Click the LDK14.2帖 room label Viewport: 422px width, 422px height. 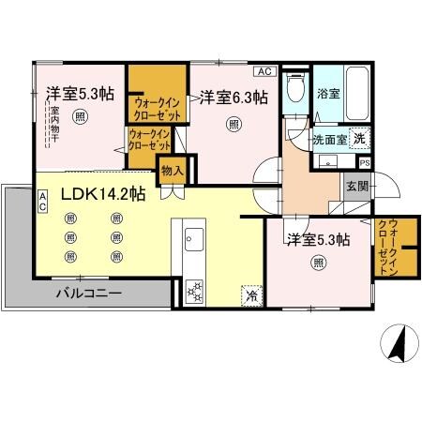point(103,195)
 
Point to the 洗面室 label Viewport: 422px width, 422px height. point(330,140)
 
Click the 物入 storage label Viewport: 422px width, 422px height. point(172,172)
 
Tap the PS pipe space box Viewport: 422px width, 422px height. point(364,161)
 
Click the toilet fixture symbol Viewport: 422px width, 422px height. point(294,90)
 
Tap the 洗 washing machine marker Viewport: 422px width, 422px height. point(359,136)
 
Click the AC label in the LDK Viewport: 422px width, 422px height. point(43,200)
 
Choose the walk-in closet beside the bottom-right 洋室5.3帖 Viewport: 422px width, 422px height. point(383,246)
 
